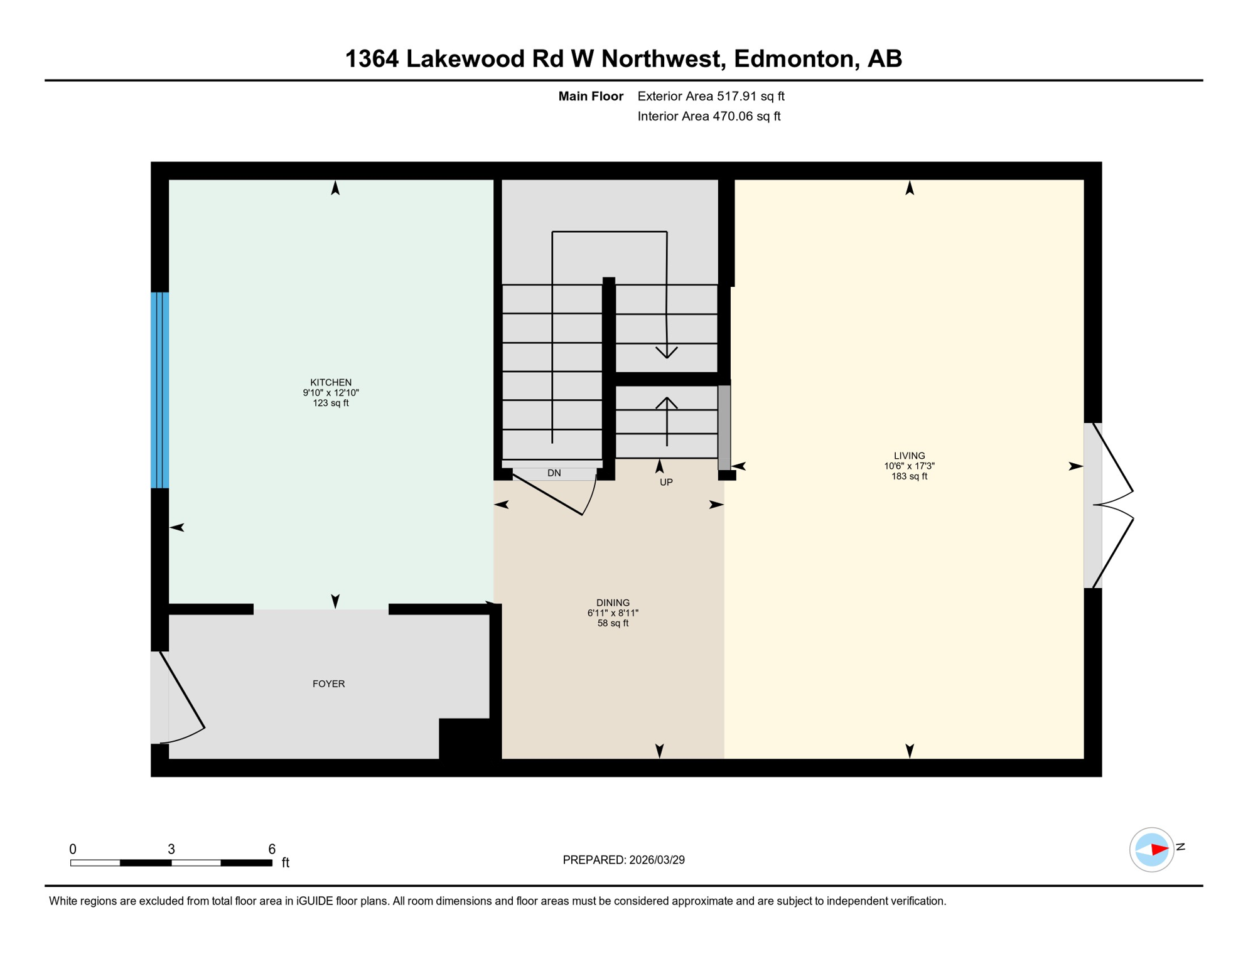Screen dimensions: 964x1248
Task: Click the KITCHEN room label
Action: click(x=331, y=382)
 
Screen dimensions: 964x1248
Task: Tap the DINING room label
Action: click(x=613, y=602)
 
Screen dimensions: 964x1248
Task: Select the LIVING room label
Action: click(x=909, y=456)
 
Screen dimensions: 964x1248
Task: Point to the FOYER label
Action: click(x=328, y=683)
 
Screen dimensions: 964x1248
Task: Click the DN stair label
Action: click(x=554, y=473)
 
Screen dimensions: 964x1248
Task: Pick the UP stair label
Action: click(x=666, y=482)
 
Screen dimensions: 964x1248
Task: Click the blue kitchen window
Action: click(x=160, y=390)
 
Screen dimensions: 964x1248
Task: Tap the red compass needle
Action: click(x=1159, y=850)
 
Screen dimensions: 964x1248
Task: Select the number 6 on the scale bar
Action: click(x=272, y=849)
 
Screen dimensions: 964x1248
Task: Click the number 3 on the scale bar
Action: click(x=171, y=849)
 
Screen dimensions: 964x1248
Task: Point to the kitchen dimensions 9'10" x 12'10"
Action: click(x=331, y=393)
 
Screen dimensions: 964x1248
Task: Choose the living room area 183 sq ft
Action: click(x=909, y=476)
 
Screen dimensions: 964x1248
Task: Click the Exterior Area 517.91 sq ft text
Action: click(x=711, y=96)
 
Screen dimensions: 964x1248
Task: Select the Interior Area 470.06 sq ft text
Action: click(x=709, y=116)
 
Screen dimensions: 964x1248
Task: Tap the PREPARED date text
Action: click(x=623, y=860)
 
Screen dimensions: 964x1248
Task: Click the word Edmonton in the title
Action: click(x=795, y=58)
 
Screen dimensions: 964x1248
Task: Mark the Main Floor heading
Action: click(x=591, y=96)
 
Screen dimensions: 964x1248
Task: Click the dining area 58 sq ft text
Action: click(x=613, y=623)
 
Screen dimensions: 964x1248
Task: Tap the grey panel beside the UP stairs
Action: click(x=724, y=427)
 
